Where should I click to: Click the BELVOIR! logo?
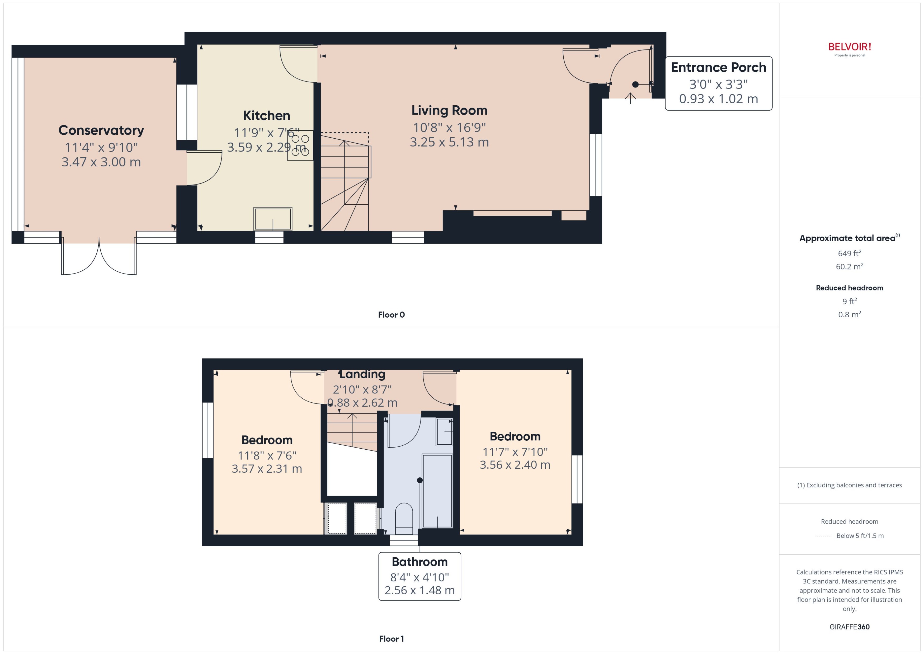[850, 47]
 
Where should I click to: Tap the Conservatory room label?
[101, 130]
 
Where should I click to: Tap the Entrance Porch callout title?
[718, 67]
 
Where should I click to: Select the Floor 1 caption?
[391, 639]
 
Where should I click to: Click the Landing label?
[362, 374]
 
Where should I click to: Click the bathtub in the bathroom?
[437, 491]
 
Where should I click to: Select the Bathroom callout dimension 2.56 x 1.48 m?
[419, 590]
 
